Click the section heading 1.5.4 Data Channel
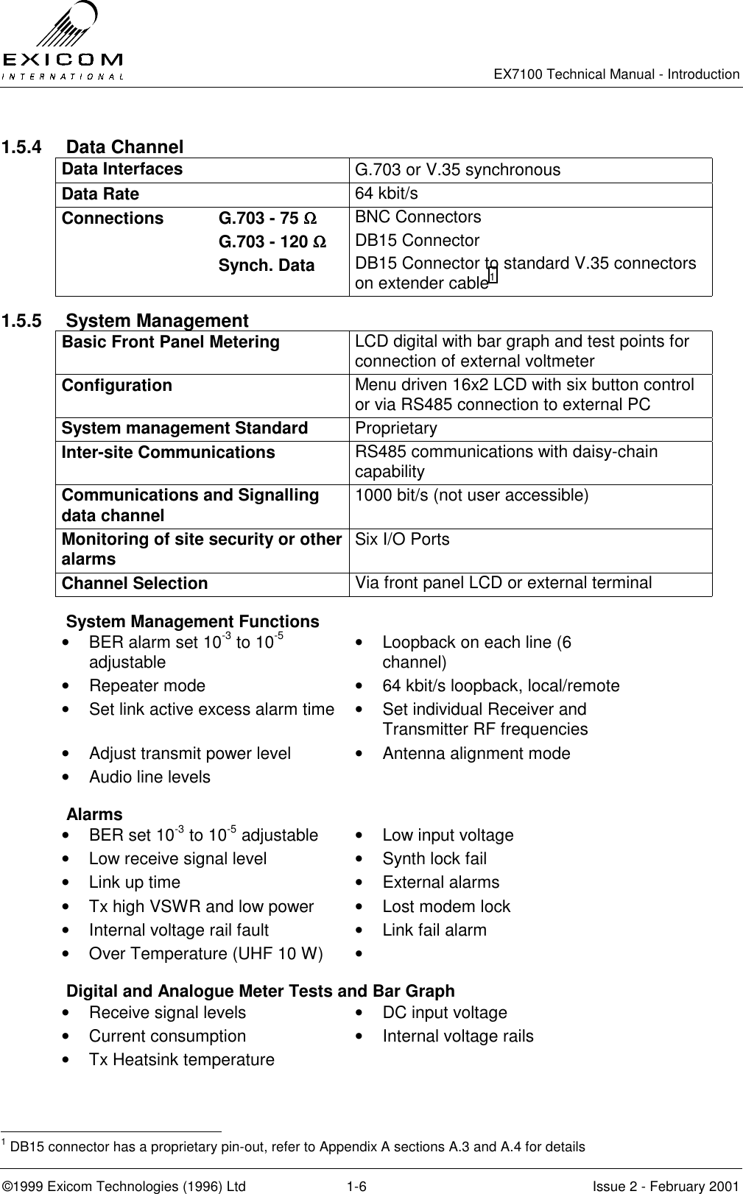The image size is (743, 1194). (x=93, y=147)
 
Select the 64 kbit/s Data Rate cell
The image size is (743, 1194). (x=387, y=194)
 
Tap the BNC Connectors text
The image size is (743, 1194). (x=418, y=217)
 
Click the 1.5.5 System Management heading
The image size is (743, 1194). (x=125, y=321)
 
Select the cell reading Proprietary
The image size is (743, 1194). (x=396, y=428)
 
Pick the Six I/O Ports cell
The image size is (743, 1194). (x=402, y=540)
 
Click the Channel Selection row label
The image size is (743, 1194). (x=135, y=584)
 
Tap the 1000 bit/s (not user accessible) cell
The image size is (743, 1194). (x=472, y=495)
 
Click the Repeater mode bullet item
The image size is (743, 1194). (x=147, y=686)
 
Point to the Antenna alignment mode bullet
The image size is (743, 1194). (x=476, y=754)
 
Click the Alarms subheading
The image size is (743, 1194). (x=94, y=814)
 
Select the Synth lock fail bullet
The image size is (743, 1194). (x=434, y=859)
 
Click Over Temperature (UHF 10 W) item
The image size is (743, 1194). (x=205, y=954)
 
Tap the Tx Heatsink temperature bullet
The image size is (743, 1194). (x=181, y=1060)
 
